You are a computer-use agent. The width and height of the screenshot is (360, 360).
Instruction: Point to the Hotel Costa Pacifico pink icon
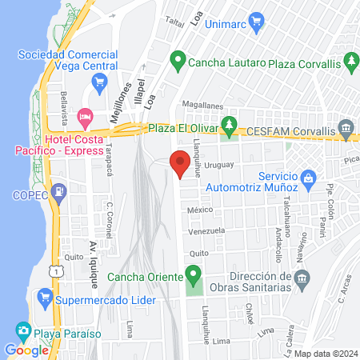click(x=86, y=118)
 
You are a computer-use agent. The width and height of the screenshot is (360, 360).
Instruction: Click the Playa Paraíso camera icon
click(x=23, y=329)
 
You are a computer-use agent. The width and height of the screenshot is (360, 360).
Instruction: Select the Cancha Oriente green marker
click(x=193, y=277)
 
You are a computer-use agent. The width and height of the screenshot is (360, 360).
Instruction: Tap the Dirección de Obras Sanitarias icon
click(x=302, y=277)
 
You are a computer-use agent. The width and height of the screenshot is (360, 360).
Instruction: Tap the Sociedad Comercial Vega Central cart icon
click(x=99, y=81)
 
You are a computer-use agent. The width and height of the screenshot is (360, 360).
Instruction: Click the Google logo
click(x=26, y=350)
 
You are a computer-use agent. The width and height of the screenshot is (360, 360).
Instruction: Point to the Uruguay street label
click(x=218, y=165)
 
